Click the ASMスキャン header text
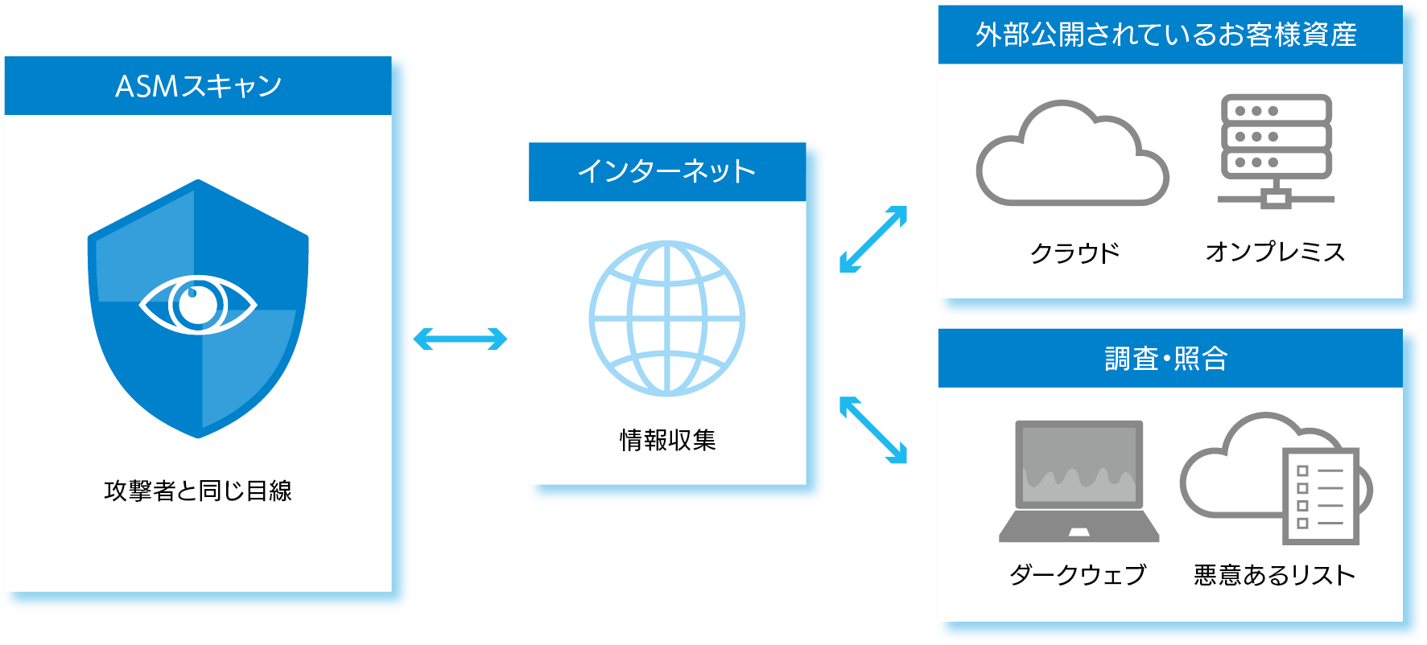tap(198, 86)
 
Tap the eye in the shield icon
tap(198, 305)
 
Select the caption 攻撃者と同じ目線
tap(198, 491)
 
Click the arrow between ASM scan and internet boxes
tap(460, 339)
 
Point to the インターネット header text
tap(666, 171)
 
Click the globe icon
tap(667, 318)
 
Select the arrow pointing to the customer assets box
tap(873, 240)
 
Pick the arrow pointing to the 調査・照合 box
tap(873, 430)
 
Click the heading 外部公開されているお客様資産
tap(1166, 35)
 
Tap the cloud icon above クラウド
tap(1072, 155)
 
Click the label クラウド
tap(1075, 253)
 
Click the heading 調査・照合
tap(1166, 359)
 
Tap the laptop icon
tap(1078, 480)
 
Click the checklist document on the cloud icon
tap(1320, 496)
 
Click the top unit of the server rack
tap(1276, 110)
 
